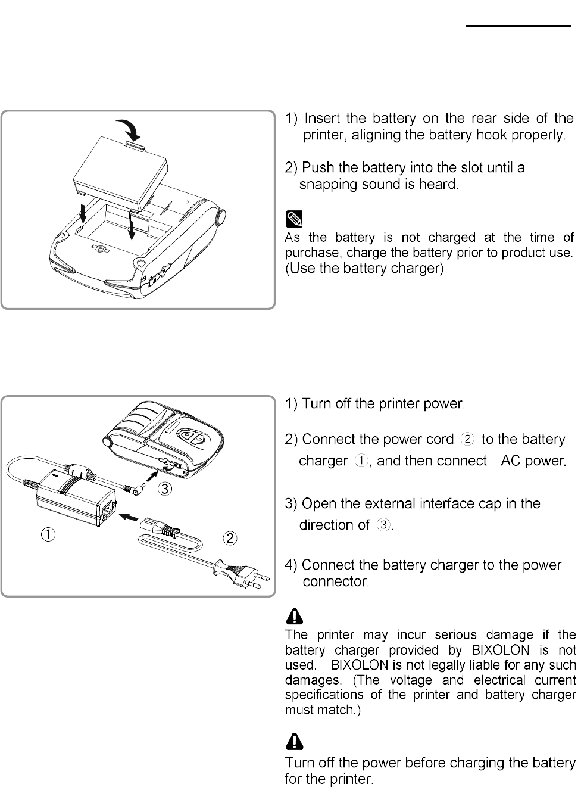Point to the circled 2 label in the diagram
click(x=230, y=538)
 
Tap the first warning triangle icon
click(x=295, y=615)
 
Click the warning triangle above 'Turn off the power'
click(x=295, y=741)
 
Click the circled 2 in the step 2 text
click(x=468, y=440)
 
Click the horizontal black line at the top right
click(x=518, y=26)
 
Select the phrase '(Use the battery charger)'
click(x=365, y=269)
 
